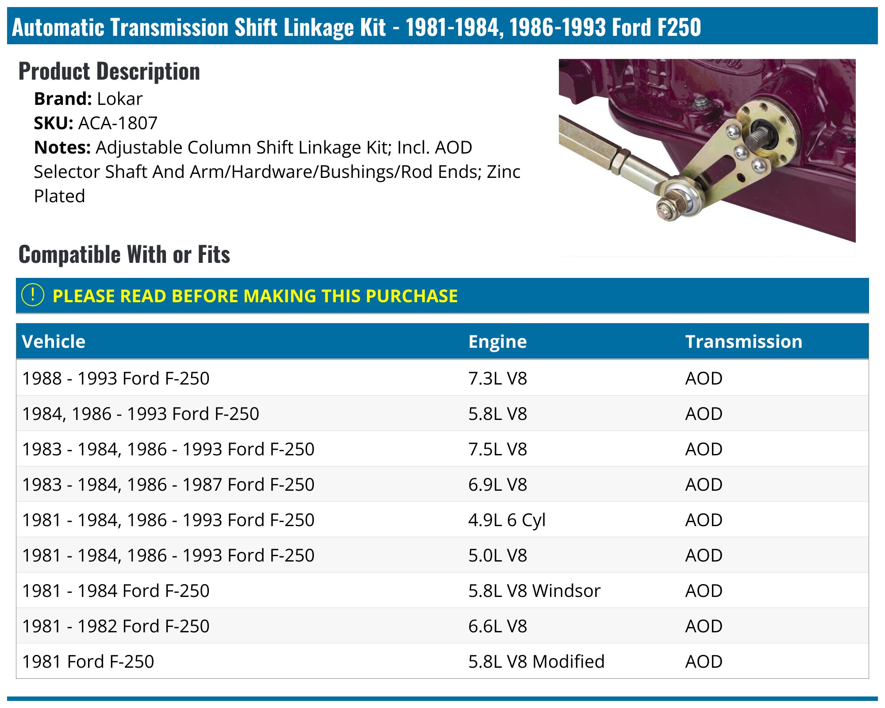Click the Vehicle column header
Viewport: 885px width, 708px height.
tap(54, 342)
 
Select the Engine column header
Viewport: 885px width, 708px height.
tap(497, 342)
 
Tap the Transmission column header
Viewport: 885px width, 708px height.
tap(743, 342)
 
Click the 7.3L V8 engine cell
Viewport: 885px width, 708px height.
tap(497, 378)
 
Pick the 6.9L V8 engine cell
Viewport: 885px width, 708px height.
tap(497, 485)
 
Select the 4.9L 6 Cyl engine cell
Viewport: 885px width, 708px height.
tap(507, 520)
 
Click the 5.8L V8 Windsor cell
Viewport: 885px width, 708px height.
tap(534, 591)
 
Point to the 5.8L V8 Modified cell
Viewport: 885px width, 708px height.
tap(536, 662)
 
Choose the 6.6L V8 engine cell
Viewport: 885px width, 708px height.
tap(497, 626)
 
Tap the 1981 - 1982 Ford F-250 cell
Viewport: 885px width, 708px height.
tap(115, 626)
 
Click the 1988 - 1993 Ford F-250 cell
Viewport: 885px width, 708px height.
tap(115, 378)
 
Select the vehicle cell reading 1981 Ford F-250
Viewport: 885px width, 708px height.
tap(88, 662)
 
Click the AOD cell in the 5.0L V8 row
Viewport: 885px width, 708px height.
tap(704, 555)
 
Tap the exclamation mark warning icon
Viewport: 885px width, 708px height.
tap(33, 295)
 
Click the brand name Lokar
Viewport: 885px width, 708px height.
tap(119, 99)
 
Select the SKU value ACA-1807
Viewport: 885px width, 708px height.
tap(118, 123)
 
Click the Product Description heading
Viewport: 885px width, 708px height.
tap(109, 71)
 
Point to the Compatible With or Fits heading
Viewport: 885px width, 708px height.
tap(124, 254)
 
